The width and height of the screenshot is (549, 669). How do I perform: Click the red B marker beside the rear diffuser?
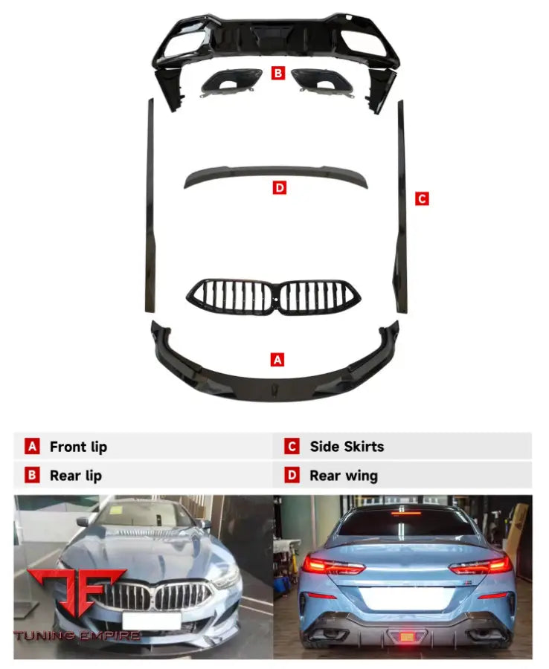278,73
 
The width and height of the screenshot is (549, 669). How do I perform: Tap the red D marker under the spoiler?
279,187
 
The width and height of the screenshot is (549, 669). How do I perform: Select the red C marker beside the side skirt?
422,198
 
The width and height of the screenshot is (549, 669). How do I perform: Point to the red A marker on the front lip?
277,359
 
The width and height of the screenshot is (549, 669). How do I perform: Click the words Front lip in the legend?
79,447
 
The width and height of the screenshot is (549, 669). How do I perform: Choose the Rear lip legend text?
76,475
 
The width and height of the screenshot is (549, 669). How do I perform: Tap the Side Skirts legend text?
347,446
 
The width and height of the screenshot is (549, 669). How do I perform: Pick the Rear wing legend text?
344,476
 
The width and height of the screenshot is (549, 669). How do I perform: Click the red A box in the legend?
32,446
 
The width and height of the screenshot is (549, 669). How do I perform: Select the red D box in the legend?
292,475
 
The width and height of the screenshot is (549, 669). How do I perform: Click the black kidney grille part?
274,297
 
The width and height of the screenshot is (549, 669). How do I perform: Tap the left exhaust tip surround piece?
231,83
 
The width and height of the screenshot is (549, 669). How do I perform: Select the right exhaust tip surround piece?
323,83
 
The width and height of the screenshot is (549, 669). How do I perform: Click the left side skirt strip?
150,206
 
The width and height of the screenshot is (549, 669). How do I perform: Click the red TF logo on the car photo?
77,591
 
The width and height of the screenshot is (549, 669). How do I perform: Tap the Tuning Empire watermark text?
77,636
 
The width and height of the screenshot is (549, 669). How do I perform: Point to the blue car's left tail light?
333,566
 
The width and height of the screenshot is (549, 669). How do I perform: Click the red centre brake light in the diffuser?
406,637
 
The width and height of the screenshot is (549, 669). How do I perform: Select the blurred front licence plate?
152,621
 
